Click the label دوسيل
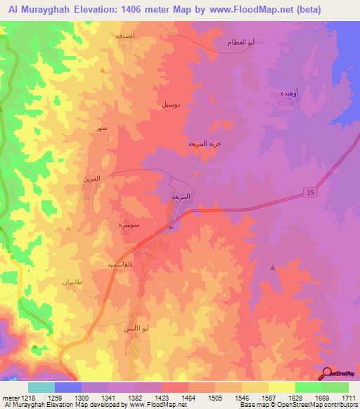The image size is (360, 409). tap(175, 104)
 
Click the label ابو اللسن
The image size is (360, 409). tap(135, 328)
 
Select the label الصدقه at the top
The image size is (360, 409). tap(134, 34)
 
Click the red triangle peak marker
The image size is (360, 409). tap(273, 267)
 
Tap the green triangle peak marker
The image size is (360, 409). tap(35, 346)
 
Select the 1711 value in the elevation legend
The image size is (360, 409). tap(348, 398)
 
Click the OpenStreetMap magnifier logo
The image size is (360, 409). tap(327, 373)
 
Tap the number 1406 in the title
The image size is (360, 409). tap(159, 9)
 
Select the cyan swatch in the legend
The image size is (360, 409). tap(41, 387)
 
